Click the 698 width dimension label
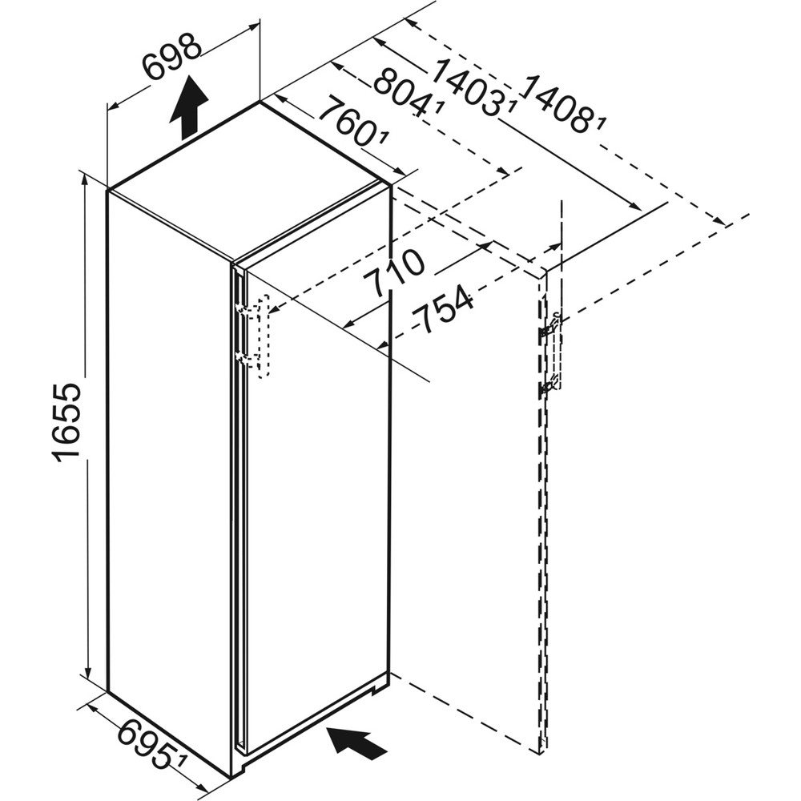173,58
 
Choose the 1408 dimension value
561,104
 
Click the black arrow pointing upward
188,108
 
